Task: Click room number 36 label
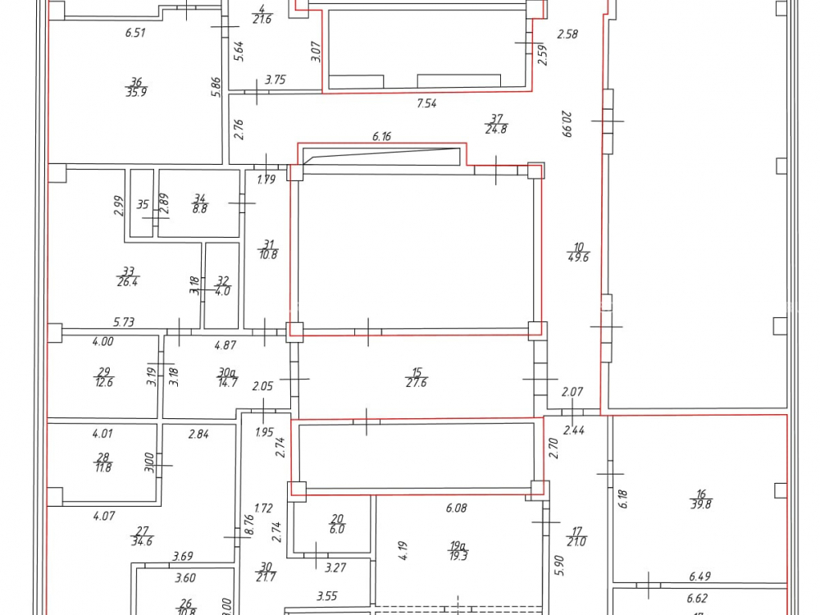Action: click(x=136, y=81)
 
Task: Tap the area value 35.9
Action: click(x=136, y=92)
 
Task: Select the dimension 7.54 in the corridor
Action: click(x=426, y=102)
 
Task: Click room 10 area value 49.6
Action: click(x=578, y=257)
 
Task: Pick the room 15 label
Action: click(x=417, y=371)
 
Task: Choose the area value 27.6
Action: click(x=417, y=382)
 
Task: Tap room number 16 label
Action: click(x=700, y=494)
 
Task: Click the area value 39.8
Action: click(x=700, y=505)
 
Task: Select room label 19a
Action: click(x=458, y=544)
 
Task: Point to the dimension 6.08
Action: click(x=456, y=508)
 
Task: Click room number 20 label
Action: click(x=337, y=518)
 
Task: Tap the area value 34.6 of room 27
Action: click(x=142, y=541)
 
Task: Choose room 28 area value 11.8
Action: click(x=103, y=467)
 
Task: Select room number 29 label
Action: click(x=103, y=371)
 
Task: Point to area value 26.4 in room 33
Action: click(x=129, y=281)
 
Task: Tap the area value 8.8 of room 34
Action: click(x=199, y=208)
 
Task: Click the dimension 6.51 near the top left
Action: click(x=134, y=33)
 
